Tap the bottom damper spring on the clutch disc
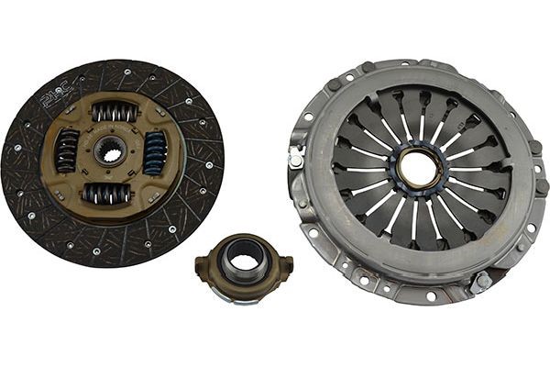coord(108,194)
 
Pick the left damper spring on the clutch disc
coord(68,150)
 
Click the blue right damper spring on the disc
coord(154,151)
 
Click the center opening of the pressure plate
coord(418,170)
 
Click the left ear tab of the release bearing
coord(202,267)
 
